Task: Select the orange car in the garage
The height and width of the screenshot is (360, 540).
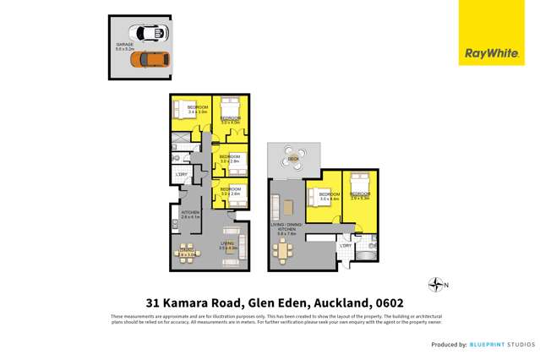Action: point(153,60)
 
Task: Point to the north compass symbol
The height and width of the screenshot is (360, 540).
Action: point(436,286)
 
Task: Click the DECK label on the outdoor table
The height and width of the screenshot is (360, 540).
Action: point(293,158)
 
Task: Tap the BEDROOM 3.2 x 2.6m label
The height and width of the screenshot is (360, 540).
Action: point(231,191)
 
